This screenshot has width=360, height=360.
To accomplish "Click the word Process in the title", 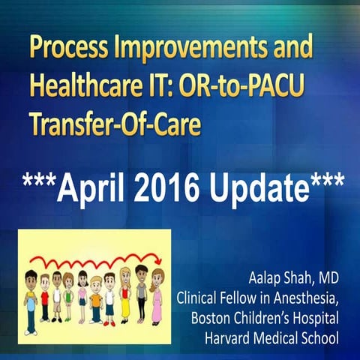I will [x=69, y=51].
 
